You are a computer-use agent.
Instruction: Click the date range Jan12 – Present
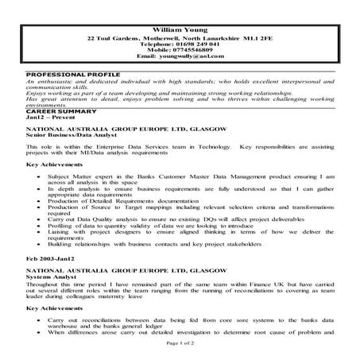(x=47, y=118)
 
